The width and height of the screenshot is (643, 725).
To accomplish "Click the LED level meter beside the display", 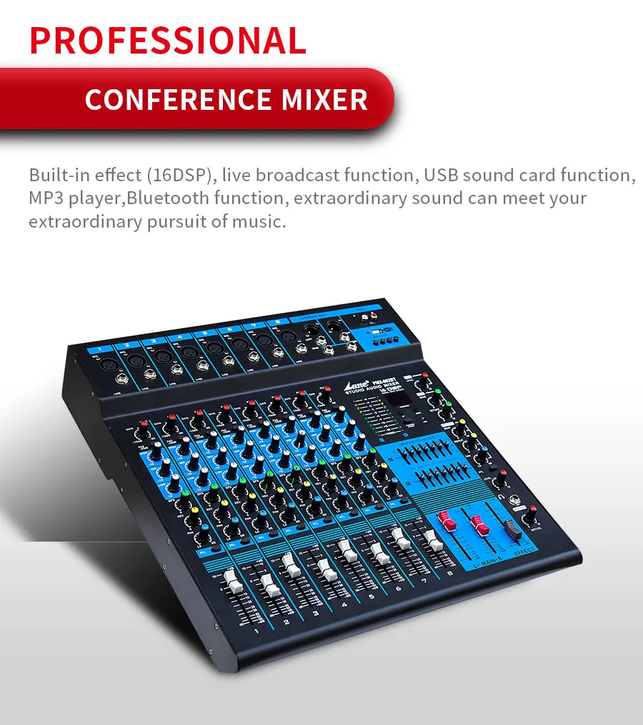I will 369,415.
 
